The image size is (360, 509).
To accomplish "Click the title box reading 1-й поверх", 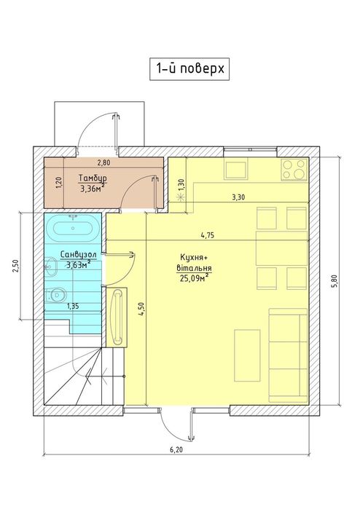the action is coord(189,69).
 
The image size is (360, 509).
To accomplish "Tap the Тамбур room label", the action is coord(93,178).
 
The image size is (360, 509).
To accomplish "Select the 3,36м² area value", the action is coord(93,188).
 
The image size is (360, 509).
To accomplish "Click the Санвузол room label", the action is coord(78,255).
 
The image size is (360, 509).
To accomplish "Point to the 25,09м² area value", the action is coord(195,278).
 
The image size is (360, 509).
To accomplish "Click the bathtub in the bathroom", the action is coord(73,228).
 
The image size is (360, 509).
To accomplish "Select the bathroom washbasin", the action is coord(51,267).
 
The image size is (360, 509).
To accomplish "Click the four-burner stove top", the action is coord(294,169).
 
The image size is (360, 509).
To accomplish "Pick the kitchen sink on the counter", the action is coord(237,170).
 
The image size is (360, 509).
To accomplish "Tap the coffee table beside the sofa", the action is coord(247,355).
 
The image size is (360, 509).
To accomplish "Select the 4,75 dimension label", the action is coord(208,235).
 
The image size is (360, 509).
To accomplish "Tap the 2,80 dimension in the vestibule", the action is coord(103,163).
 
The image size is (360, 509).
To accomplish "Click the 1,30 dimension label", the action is coord(181,186).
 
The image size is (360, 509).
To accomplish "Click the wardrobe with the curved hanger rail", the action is coord(117,317).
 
